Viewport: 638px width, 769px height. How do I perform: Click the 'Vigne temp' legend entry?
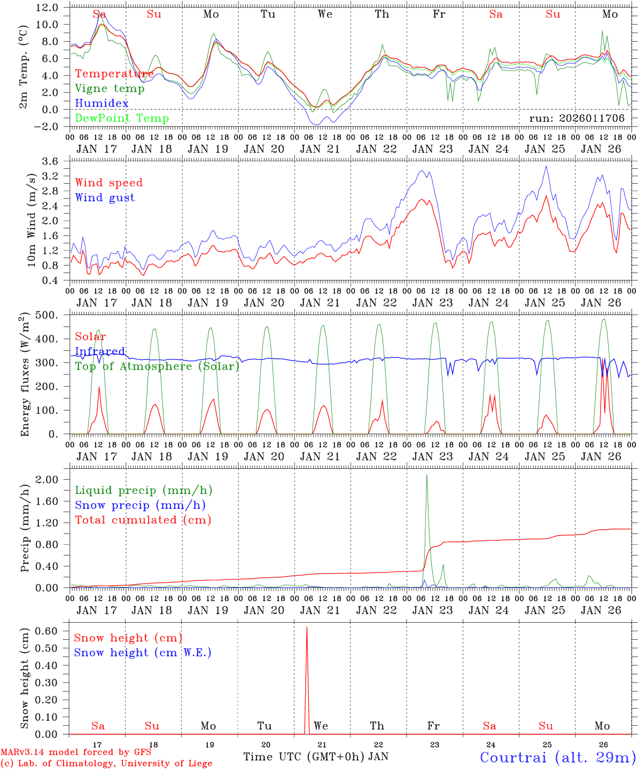coord(110,89)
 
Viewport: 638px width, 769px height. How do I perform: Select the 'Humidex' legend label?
coord(102,103)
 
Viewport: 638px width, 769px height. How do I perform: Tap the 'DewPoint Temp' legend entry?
coord(122,118)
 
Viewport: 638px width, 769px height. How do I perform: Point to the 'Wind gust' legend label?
coord(105,198)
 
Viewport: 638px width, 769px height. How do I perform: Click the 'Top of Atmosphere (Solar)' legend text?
coord(157,366)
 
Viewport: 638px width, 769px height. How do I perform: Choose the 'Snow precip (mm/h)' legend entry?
coord(140,505)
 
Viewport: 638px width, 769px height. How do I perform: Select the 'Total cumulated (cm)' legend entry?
coord(143,520)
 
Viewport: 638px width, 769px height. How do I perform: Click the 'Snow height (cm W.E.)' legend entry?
coord(143,653)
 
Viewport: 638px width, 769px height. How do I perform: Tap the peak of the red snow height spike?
coord(307,627)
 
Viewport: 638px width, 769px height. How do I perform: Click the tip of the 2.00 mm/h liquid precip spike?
coord(426,475)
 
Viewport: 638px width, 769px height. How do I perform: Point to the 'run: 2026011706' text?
coord(577,119)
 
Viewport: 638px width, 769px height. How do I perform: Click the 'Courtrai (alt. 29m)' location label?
coord(558,757)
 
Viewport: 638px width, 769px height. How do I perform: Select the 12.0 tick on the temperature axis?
coord(48,7)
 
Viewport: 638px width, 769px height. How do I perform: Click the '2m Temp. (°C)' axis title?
coord(24,66)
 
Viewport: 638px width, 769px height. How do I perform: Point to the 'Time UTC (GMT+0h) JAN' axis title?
coord(316,757)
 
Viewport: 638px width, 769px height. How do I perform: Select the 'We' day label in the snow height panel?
coord(321,726)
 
